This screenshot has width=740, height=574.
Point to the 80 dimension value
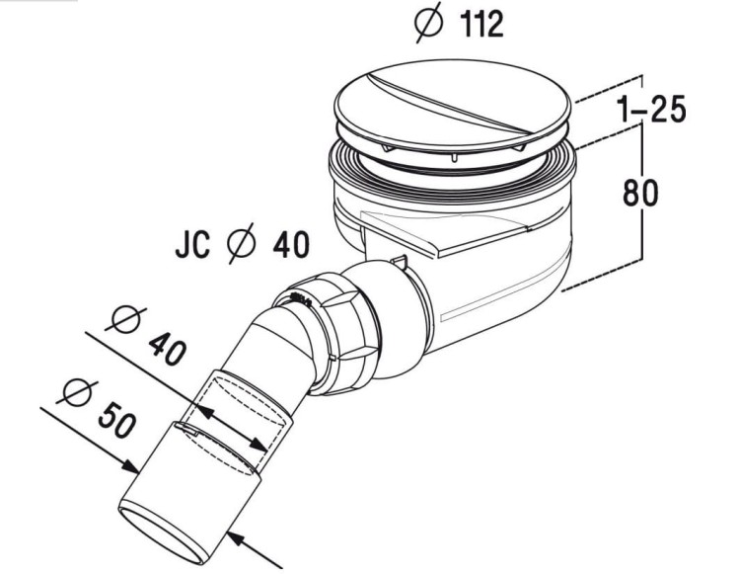point(639,194)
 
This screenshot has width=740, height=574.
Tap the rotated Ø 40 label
point(148,334)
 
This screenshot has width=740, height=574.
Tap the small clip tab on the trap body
point(399,263)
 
